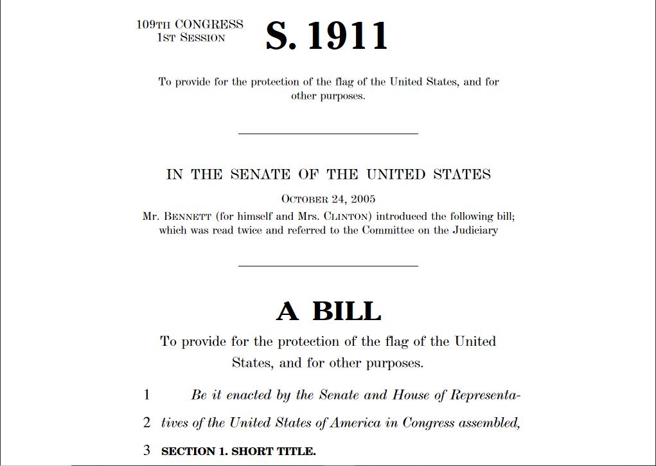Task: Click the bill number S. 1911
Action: pos(327,36)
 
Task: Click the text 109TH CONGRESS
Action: pos(190,24)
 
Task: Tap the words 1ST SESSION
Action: pos(191,38)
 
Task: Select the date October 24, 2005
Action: pos(328,199)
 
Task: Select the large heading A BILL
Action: pos(328,312)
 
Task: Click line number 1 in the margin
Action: pos(146,395)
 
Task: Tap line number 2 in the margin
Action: pos(146,422)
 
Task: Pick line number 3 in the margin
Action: pos(146,451)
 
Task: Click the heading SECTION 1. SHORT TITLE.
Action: pos(238,451)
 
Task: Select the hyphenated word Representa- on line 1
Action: pos(485,395)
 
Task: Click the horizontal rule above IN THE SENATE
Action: pos(328,134)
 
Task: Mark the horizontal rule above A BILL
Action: pos(328,265)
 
